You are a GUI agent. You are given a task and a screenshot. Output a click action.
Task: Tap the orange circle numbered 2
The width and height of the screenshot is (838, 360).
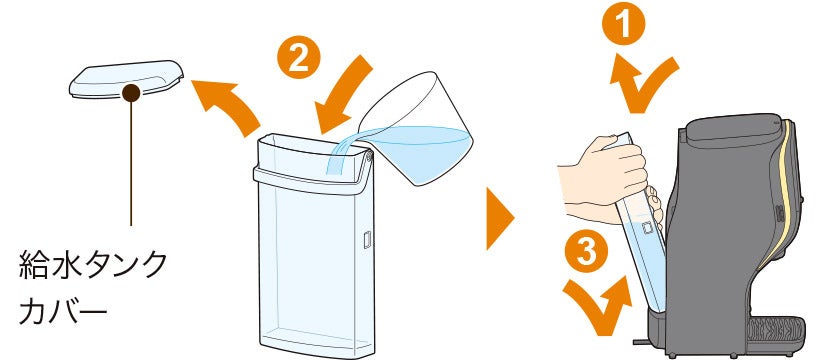point(298,57)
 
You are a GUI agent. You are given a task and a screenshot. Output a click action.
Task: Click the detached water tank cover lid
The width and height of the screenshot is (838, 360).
point(126,79)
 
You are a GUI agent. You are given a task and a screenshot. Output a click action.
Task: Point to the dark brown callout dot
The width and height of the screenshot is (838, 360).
point(131,93)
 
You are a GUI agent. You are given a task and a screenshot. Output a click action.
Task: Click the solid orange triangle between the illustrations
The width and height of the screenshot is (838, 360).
point(500,218)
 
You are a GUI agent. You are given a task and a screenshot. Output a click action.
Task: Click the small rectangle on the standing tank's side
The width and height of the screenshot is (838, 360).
point(367,239)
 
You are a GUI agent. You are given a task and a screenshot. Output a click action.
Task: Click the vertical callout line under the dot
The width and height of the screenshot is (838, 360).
point(131,164)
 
